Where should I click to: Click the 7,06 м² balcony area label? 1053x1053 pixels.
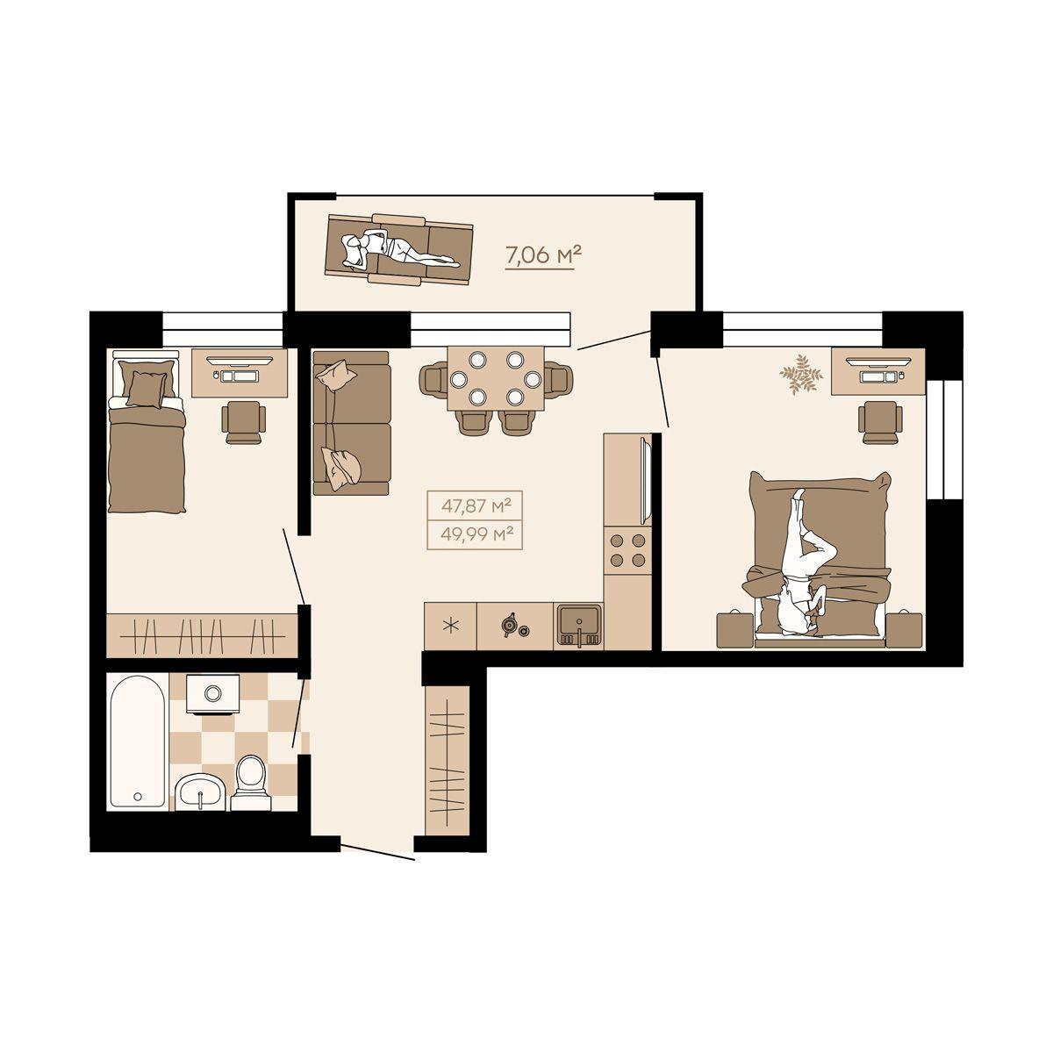tap(539, 254)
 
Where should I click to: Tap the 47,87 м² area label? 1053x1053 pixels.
tap(476, 506)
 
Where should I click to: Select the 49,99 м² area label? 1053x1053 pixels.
tap(476, 534)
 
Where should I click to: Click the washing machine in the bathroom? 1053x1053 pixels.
tap(212, 693)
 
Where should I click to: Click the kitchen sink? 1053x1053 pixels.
tap(579, 626)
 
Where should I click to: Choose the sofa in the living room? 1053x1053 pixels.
tap(352, 423)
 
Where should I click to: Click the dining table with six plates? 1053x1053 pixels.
tap(496, 377)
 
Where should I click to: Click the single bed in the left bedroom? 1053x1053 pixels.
tap(146, 433)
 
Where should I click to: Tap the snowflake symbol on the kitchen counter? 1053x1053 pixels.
tap(451, 627)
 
